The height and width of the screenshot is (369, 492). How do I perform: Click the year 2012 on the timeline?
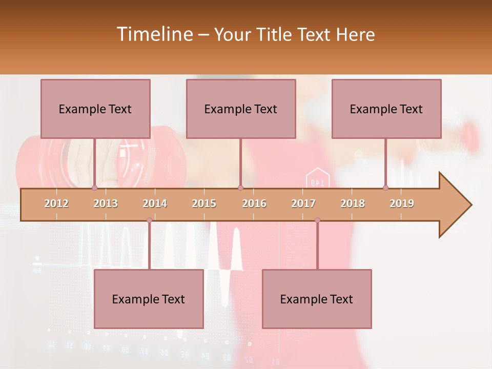click(x=56, y=203)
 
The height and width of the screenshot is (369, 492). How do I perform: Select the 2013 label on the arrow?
click(x=106, y=203)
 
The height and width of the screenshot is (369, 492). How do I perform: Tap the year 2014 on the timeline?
click(x=155, y=203)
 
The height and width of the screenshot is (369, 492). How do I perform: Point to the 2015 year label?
click(x=204, y=203)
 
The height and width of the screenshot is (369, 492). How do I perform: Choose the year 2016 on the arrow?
click(x=254, y=203)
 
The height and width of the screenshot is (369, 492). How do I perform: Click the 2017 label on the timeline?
click(x=303, y=203)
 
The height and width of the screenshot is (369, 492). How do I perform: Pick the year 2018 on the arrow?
click(x=353, y=203)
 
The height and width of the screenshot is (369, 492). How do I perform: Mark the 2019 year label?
click(x=402, y=203)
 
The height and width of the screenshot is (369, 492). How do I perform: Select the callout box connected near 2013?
click(x=95, y=109)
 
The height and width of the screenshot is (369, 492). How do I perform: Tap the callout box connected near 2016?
click(x=241, y=109)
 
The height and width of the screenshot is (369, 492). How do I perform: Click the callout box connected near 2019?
click(x=386, y=109)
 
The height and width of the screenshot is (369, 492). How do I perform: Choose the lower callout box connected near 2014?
click(x=149, y=299)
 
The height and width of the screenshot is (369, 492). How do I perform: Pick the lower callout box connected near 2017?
click(x=317, y=299)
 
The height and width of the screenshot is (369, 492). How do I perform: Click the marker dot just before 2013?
click(x=94, y=188)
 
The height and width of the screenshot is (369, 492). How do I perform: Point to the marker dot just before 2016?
click(x=240, y=188)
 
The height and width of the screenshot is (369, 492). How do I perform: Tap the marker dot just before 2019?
click(x=386, y=188)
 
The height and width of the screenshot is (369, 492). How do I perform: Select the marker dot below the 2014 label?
click(x=149, y=220)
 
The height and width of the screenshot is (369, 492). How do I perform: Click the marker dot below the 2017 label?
click(x=317, y=220)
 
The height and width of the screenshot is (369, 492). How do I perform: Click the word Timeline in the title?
click(x=154, y=34)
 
